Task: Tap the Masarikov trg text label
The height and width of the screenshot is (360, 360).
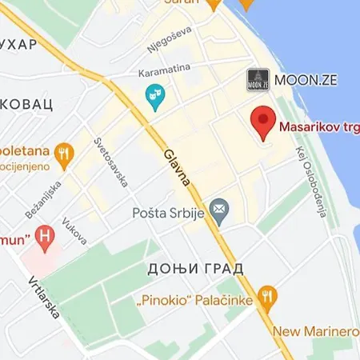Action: [x=318, y=126]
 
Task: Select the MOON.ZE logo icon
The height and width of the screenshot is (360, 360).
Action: [x=257, y=79]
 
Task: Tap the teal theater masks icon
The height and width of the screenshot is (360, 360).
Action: [x=154, y=99]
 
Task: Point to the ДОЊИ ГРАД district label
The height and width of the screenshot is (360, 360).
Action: [x=196, y=269]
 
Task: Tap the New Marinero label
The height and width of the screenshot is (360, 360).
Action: [x=315, y=331]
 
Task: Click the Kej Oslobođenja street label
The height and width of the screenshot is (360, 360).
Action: [x=311, y=183]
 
